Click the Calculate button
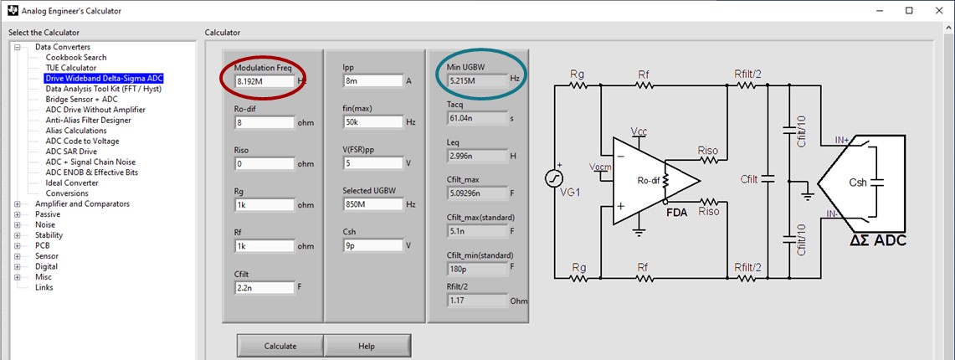(280, 346)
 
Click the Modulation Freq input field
(264, 81)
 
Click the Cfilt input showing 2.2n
(264, 287)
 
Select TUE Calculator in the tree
(70, 68)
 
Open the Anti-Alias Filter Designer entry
(88, 121)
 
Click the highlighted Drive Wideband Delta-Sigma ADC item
(104, 79)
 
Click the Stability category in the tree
(49, 235)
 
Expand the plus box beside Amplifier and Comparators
(18, 204)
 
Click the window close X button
(937, 11)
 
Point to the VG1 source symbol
(555, 178)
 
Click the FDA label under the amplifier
(676, 213)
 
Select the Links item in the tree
(44, 288)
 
